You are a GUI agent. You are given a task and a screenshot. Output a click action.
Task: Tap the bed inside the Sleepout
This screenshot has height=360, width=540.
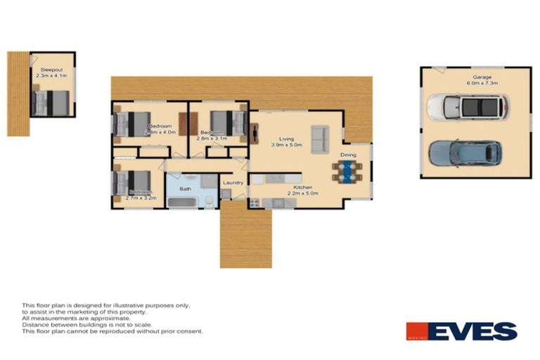[x=51, y=103]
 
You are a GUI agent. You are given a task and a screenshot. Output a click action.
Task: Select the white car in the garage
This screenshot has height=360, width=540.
[x=467, y=107]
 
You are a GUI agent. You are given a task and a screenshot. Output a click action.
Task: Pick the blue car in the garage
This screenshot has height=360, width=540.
[x=465, y=153]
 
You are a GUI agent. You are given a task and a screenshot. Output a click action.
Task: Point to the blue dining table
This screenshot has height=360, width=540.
[x=347, y=171]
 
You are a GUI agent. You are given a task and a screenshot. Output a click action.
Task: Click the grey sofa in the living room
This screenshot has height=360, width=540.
[x=319, y=139]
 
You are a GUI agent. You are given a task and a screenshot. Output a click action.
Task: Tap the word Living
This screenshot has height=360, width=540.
[x=285, y=139]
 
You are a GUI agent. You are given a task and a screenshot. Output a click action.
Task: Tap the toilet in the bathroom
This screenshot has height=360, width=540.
[x=210, y=201]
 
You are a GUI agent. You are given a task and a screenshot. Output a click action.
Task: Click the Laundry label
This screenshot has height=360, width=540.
[x=233, y=184]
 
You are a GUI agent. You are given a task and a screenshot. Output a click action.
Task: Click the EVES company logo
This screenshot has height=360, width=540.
[x=461, y=331]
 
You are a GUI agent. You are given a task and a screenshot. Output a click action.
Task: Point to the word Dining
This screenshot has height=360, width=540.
[x=348, y=155]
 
